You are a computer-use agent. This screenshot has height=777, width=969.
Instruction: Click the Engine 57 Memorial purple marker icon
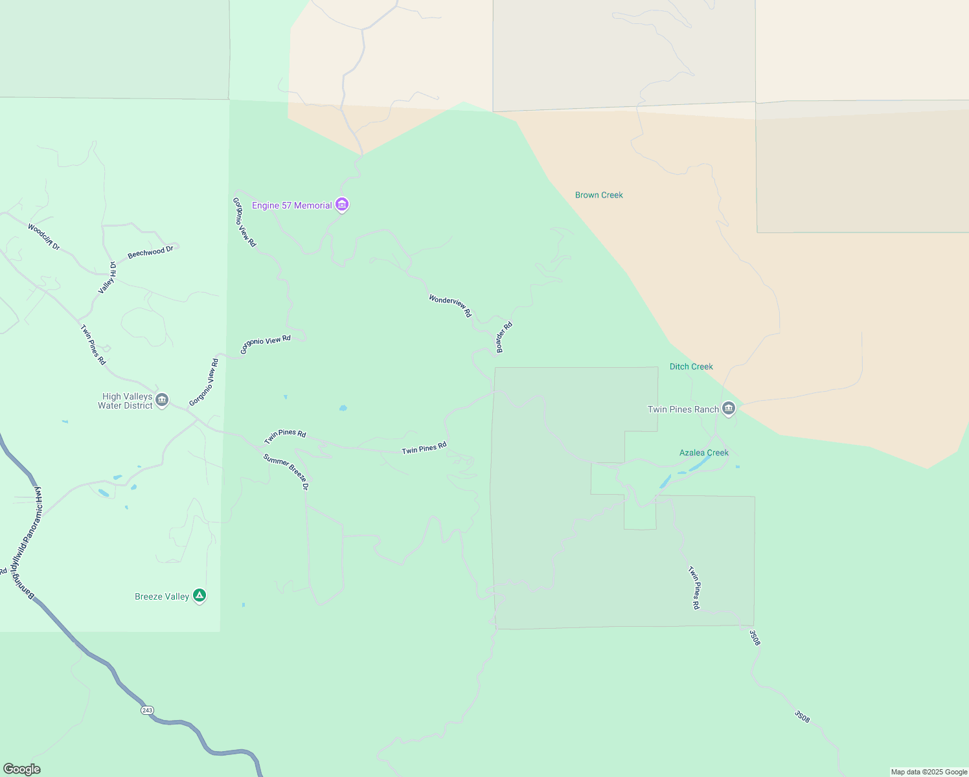342,205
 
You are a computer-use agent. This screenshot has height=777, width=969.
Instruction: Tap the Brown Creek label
599,195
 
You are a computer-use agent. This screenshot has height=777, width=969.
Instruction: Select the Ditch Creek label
691,366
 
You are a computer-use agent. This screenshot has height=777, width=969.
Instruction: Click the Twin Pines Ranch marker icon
729,409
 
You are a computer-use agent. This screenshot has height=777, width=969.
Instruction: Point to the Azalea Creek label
704,453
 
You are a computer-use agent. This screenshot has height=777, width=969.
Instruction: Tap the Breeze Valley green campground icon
199,596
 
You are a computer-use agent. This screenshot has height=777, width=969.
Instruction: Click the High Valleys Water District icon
162,400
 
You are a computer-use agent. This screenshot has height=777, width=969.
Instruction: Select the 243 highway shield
147,710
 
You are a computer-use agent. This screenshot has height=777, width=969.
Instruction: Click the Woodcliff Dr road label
43,236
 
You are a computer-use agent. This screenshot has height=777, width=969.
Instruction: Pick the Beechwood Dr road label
150,252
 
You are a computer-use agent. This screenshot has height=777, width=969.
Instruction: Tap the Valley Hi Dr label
108,278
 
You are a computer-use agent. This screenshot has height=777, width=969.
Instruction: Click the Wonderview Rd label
450,306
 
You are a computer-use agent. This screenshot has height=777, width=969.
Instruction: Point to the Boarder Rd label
504,337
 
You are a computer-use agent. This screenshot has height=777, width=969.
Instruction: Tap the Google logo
22,769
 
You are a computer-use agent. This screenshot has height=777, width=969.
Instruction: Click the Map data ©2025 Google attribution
929,772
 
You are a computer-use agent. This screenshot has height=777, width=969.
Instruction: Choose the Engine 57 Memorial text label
292,205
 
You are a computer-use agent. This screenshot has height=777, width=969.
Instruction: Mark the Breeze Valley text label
162,596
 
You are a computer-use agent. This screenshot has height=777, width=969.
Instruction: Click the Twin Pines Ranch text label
683,409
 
